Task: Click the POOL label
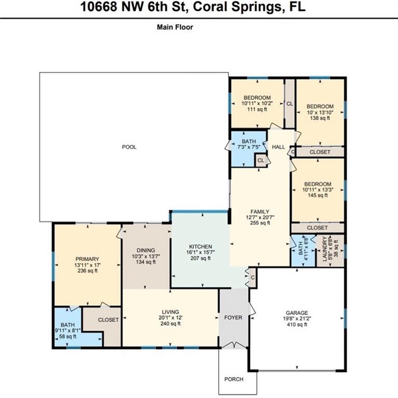[129, 147]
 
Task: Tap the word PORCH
[234, 379]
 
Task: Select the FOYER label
[233, 318]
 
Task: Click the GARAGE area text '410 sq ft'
[297, 324]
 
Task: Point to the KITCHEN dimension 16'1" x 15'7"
[201, 252]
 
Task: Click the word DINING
[146, 250]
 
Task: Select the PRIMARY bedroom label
[87, 259]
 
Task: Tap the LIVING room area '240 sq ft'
[170, 323]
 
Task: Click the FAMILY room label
[260, 211]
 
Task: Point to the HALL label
[278, 147]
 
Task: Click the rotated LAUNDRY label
[324, 249]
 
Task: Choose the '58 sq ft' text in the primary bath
[68, 336]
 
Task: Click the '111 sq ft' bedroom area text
[257, 109]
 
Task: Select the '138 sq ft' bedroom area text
[320, 118]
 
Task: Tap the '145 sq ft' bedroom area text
[318, 195]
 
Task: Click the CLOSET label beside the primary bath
[108, 320]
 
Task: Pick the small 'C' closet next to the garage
[253, 278]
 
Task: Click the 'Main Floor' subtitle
[175, 27]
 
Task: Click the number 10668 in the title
[99, 7]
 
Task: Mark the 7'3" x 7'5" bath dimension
[249, 147]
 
